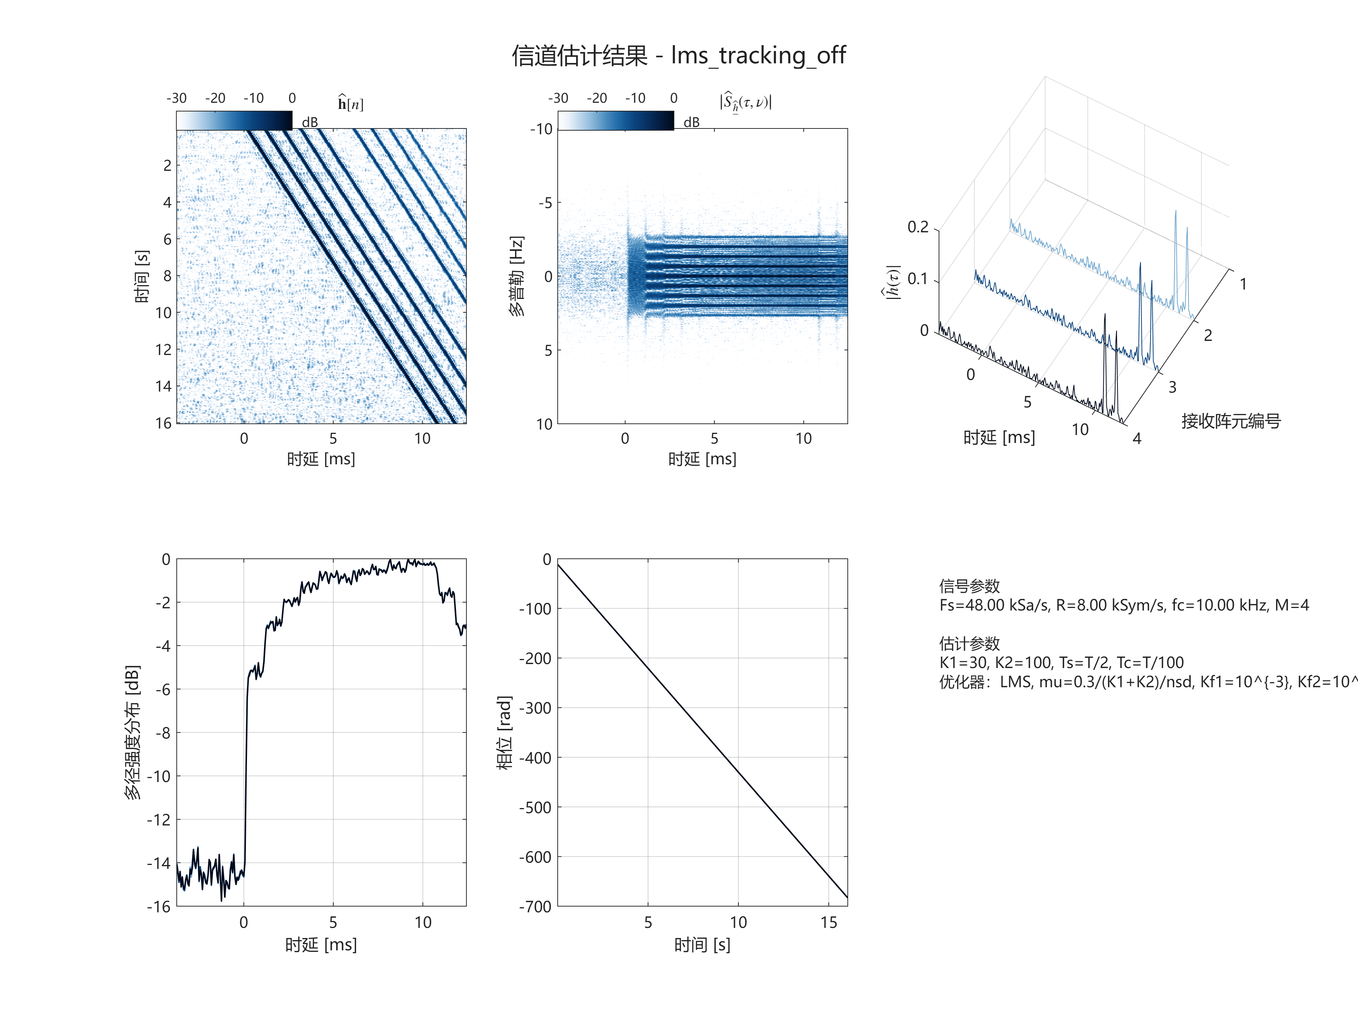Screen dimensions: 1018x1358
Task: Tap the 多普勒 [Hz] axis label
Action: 517,276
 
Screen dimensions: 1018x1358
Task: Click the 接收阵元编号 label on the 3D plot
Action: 1231,421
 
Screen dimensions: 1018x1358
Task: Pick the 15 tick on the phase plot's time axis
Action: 829,922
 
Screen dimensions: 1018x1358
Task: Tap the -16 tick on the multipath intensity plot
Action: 158,906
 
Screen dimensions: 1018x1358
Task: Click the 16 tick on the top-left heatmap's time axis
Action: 163,423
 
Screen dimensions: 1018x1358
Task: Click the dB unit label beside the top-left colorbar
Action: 310,122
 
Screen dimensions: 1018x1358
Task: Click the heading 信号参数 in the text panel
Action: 969,586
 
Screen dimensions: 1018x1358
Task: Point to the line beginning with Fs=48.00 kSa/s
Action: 1123,605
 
